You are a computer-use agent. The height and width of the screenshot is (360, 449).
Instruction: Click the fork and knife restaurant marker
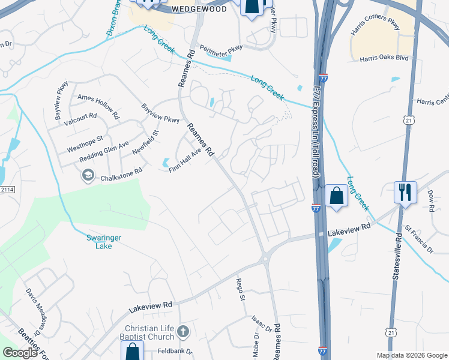[x=405, y=192]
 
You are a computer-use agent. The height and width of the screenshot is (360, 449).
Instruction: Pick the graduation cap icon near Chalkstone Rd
[x=88, y=175]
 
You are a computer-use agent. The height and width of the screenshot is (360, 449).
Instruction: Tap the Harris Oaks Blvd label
[x=384, y=58]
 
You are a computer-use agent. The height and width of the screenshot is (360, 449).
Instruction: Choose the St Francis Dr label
[x=418, y=238]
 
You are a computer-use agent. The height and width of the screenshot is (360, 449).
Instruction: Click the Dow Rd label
[x=431, y=201]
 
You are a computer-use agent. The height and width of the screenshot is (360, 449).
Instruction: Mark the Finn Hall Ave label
[x=184, y=161]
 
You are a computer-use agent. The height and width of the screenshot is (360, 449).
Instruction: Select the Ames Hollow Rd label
[x=99, y=101]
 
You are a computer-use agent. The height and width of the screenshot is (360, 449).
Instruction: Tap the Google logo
[x=20, y=353]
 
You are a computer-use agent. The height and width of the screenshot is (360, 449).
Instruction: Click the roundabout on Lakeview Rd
[x=265, y=259]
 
